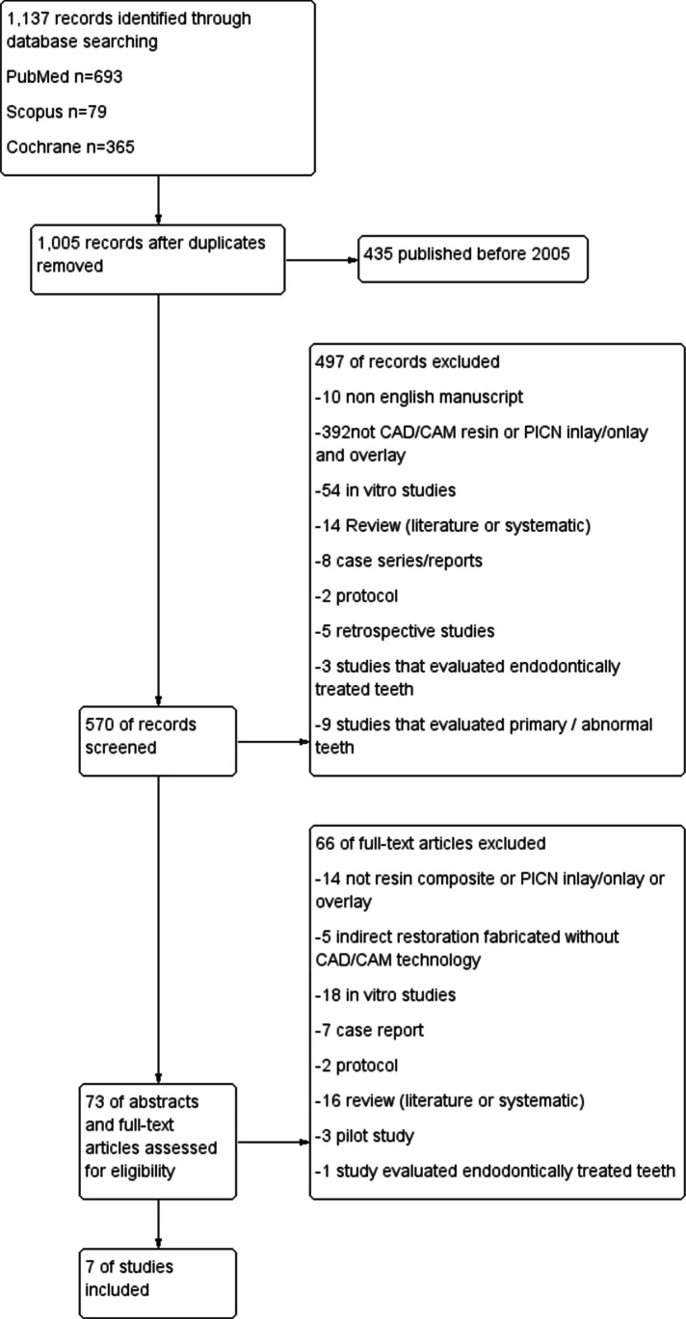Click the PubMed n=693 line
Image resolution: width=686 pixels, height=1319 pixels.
[65, 77]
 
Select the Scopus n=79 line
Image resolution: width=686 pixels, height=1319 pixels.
[57, 112]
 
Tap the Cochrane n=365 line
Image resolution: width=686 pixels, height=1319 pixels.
[70, 146]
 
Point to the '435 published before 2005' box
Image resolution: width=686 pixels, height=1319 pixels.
[473, 259]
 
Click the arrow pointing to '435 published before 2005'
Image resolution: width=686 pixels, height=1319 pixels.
[322, 260]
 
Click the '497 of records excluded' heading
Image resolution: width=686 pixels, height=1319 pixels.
[407, 361]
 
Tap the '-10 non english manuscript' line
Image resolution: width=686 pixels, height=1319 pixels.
[419, 397]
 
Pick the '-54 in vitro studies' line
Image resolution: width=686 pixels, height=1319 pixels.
[385, 490]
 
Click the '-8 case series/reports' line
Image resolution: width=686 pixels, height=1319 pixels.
[399, 561]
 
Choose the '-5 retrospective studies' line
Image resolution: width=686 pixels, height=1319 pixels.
[405, 631]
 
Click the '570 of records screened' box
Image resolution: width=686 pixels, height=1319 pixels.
[158, 741]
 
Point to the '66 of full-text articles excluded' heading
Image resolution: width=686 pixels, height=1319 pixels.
[431, 843]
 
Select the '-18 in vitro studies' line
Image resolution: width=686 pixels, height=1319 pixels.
[385, 995]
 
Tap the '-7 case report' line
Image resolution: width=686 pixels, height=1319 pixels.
[369, 1031]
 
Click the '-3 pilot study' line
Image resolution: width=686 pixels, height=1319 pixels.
[364, 1136]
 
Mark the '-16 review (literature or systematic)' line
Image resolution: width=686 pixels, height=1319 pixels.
[450, 1100]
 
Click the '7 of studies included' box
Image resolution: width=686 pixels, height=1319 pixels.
[158, 1283]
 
